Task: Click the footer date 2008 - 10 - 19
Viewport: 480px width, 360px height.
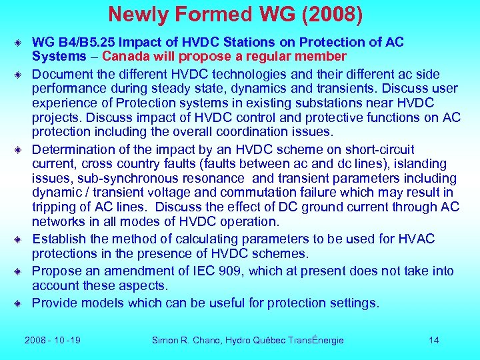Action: click(53, 340)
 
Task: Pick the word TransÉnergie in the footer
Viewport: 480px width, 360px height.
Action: click(315, 340)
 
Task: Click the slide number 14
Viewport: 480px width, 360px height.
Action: click(434, 340)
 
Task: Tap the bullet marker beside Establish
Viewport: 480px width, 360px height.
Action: click(22, 239)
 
